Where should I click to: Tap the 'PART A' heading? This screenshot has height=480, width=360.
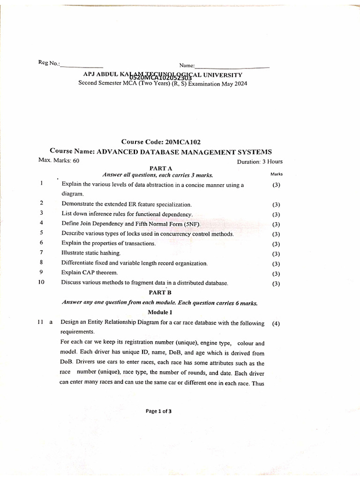click(x=161, y=168)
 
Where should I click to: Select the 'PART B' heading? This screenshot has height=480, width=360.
click(x=160, y=292)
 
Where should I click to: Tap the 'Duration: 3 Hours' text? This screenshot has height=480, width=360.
click(x=260, y=161)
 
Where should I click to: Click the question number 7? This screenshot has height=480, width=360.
click(x=42, y=252)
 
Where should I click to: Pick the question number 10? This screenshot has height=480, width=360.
click(x=41, y=282)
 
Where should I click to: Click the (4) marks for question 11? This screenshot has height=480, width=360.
click(x=276, y=323)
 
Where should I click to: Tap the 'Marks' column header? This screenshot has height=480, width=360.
click(x=277, y=174)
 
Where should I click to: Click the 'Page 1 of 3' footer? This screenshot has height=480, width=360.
click(x=158, y=412)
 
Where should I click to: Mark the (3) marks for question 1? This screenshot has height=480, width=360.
click(x=276, y=185)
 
